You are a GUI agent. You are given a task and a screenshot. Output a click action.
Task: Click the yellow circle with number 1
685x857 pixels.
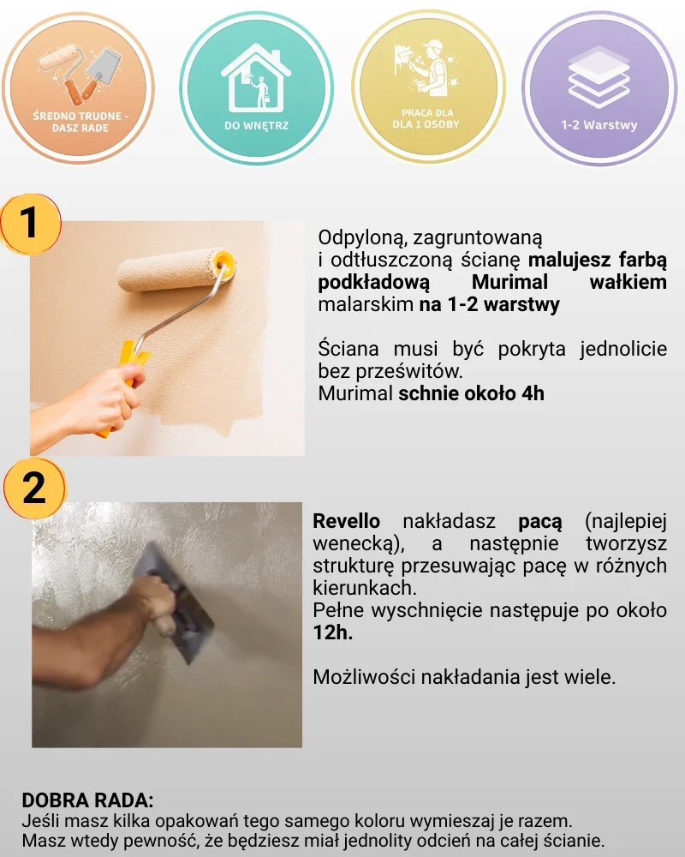(x=31, y=224)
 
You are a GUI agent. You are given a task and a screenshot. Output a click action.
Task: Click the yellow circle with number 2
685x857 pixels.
(x=34, y=488)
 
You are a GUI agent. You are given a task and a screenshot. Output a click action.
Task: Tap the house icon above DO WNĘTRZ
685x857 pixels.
(x=256, y=79)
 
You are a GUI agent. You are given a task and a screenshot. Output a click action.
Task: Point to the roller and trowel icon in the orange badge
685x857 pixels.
(x=80, y=74)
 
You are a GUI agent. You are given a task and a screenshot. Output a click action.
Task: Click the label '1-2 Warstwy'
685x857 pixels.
(x=599, y=125)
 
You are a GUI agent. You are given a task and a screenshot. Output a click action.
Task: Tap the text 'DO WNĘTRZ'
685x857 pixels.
(x=256, y=126)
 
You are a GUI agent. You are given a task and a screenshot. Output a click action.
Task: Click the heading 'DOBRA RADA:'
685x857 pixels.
(x=87, y=800)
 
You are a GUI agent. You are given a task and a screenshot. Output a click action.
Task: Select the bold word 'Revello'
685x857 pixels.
(x=346, y=521)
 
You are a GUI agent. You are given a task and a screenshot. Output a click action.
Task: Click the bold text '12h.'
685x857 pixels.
(x=333, y=632)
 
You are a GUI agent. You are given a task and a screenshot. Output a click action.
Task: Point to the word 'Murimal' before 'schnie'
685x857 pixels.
(x=355, y=393)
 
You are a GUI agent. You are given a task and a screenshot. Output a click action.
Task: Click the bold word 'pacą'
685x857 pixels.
(x=539, y=522)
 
